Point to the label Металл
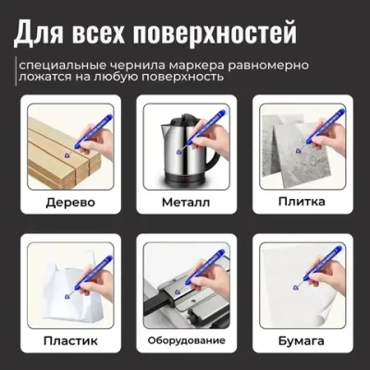pyautogui.click(x=185, y=203)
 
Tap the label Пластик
pyautogui.click(x=65, y=340)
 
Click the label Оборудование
pyautogui.click(x=185, y=340)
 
